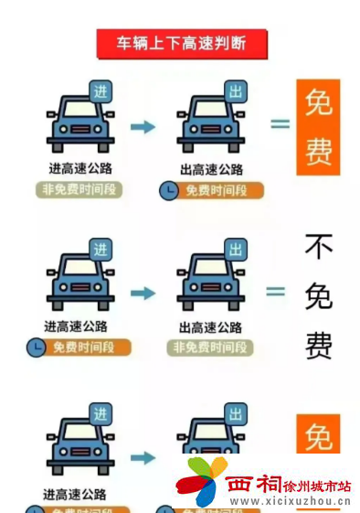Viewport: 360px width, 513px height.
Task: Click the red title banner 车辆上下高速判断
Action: (183, 43)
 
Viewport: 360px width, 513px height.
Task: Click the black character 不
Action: (318, 246)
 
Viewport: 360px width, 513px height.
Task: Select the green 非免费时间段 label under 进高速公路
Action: (80, 189)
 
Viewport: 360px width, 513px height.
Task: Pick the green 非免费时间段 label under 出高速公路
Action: (211, 347)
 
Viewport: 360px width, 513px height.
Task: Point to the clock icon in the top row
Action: (170, 190)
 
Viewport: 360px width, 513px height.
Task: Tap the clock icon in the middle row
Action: (36, 347)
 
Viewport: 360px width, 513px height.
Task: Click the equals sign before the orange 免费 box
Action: (280, 123)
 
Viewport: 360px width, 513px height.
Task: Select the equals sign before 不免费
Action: (275, 292)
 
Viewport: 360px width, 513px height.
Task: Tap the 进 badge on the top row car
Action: (101, 91)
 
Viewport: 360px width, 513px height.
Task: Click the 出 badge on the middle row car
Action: (236, 250)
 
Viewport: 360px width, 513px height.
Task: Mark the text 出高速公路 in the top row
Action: (212, 169)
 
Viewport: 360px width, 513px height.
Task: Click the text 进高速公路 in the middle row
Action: (77, 326)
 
